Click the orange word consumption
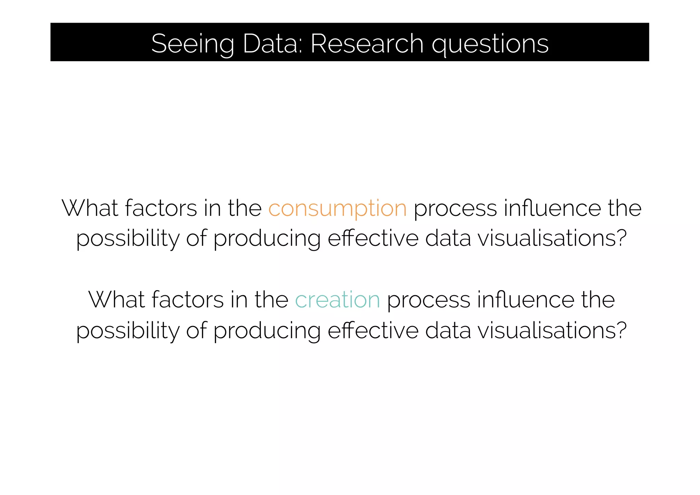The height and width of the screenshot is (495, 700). point(337,208)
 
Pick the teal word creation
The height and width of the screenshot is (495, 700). point(337,300)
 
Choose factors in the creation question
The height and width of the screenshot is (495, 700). point(188,300)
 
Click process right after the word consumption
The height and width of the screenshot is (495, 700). point(455,208)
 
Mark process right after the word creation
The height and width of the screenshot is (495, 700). point(428,300)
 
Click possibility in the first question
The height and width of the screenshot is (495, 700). point(127,238)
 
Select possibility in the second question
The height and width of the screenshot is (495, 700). point(127,331)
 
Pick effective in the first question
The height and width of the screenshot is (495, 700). point(373,238)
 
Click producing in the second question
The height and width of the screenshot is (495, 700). point(267,331)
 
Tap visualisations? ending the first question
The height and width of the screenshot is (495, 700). point(552,238)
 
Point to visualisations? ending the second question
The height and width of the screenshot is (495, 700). point(552,330)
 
